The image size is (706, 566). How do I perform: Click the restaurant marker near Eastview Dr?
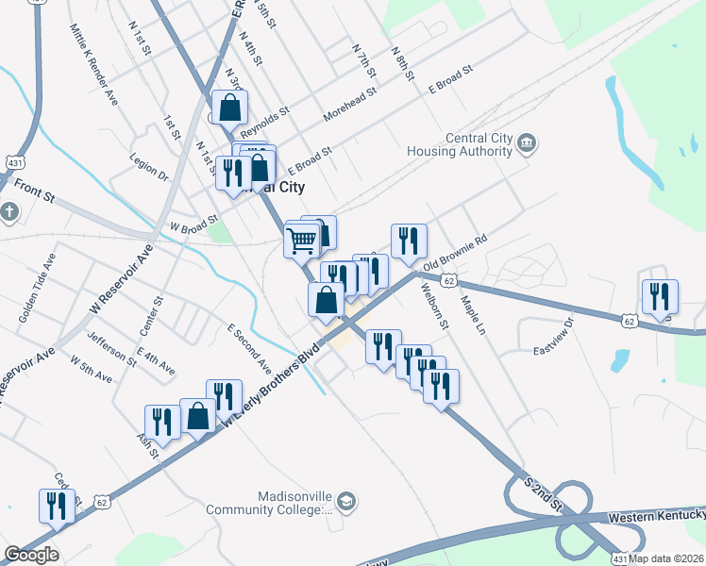tap(660, 296)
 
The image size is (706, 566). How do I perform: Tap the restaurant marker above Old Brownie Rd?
tap(409, 241)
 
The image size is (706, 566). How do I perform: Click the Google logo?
tap(31, 555)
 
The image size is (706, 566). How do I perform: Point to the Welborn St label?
tap(435, 306)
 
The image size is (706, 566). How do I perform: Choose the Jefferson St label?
tap(111, 348)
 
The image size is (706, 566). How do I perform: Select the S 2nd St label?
tap(544, 493)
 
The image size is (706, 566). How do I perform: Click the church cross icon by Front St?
tap(8, 211)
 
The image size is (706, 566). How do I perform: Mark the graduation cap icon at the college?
tap(346, 501)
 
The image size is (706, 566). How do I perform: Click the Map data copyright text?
tap(667, 556)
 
